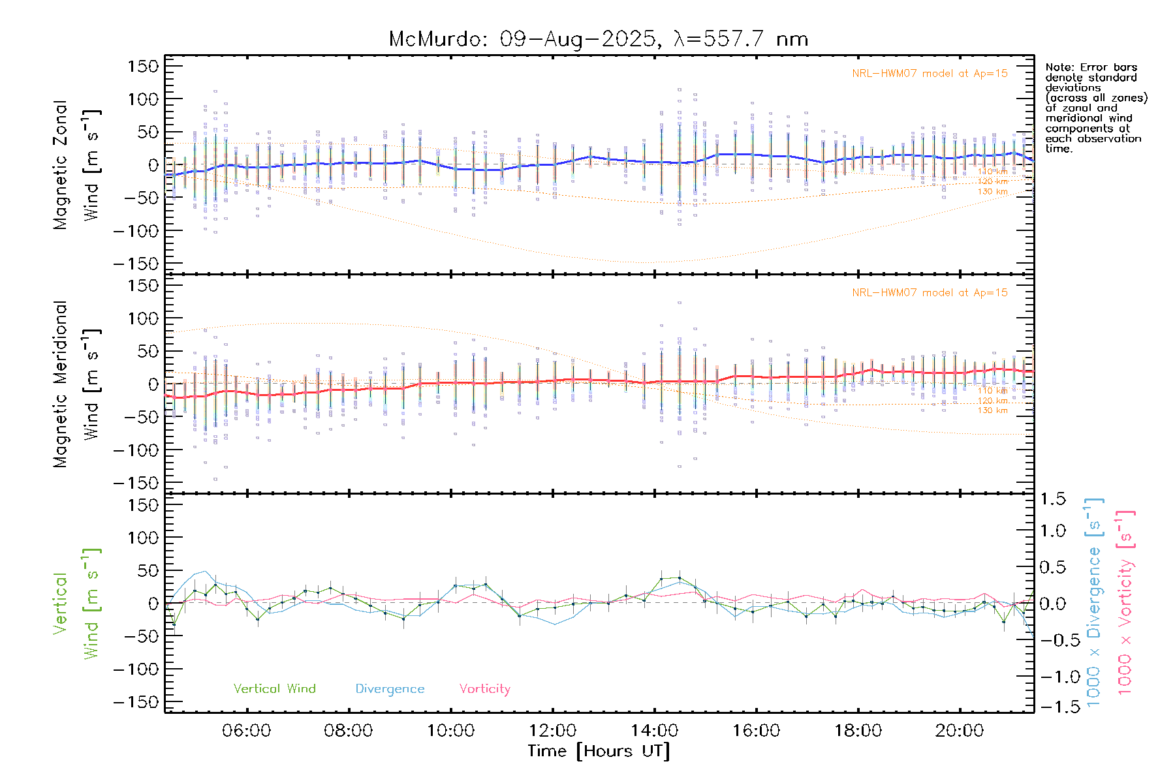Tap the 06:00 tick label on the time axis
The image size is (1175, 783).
pyautogui.click(x=246, y=731)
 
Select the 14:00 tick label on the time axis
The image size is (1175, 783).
pyautogui.click(x=654, y=731)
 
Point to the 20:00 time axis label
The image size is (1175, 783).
pyautogui.click(x=959, y=731)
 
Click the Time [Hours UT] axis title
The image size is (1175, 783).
pyautogui.click(x=598, y=751)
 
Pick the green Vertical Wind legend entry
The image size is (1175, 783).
pyautogui.click(x=274, y=689)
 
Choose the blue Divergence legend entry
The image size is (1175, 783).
pyautogui.click(x=390, y=689)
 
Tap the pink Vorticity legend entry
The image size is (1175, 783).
pyautogui.click(x=484, y=689)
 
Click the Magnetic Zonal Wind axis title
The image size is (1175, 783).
pyautogui.click(x=76, y=164)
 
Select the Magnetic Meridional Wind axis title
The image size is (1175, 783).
pyautogui.click(x=76, y=384)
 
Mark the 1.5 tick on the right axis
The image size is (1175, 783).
pyautogui.click(x=1052, y=499)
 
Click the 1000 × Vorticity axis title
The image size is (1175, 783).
pyautogui.click(x=1125, y=603)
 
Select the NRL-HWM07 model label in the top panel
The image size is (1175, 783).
pyautogui.click(x=930, y=74)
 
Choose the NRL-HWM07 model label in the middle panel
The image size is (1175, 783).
pyautogui.click(x=930, y=293)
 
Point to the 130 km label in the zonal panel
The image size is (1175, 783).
pyautogui.click(x=992, y=192)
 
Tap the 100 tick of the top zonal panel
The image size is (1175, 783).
pyautogui.click(x=144, y=99)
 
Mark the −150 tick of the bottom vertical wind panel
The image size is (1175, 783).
pyautogui.click(x=136, y=702)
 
